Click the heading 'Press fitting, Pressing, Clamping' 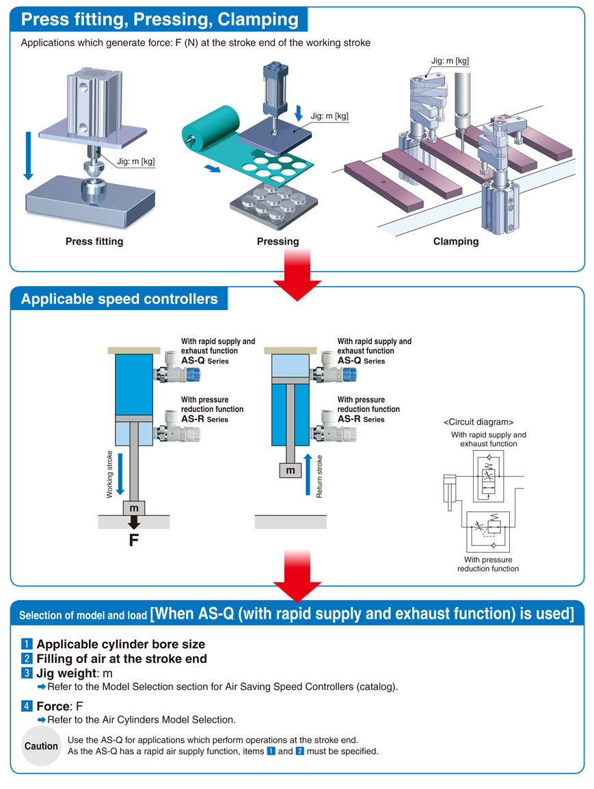click(x=160, y=19)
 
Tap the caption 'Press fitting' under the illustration click(x=94, y=242)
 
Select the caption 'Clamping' click(x=455, y=242)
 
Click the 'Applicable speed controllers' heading click(x=120, y=299)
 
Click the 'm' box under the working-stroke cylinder click(x=134, y=508)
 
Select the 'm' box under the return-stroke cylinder click(x=291, y=471)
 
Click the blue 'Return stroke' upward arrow click(x=308, y=474)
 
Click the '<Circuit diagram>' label click(x=478, y=422)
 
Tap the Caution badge click(x=42, y=746)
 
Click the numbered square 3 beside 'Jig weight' click(x=27, y=673)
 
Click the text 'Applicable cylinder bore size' click(x=120, y=644)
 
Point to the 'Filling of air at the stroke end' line click(x=122, y=659)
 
